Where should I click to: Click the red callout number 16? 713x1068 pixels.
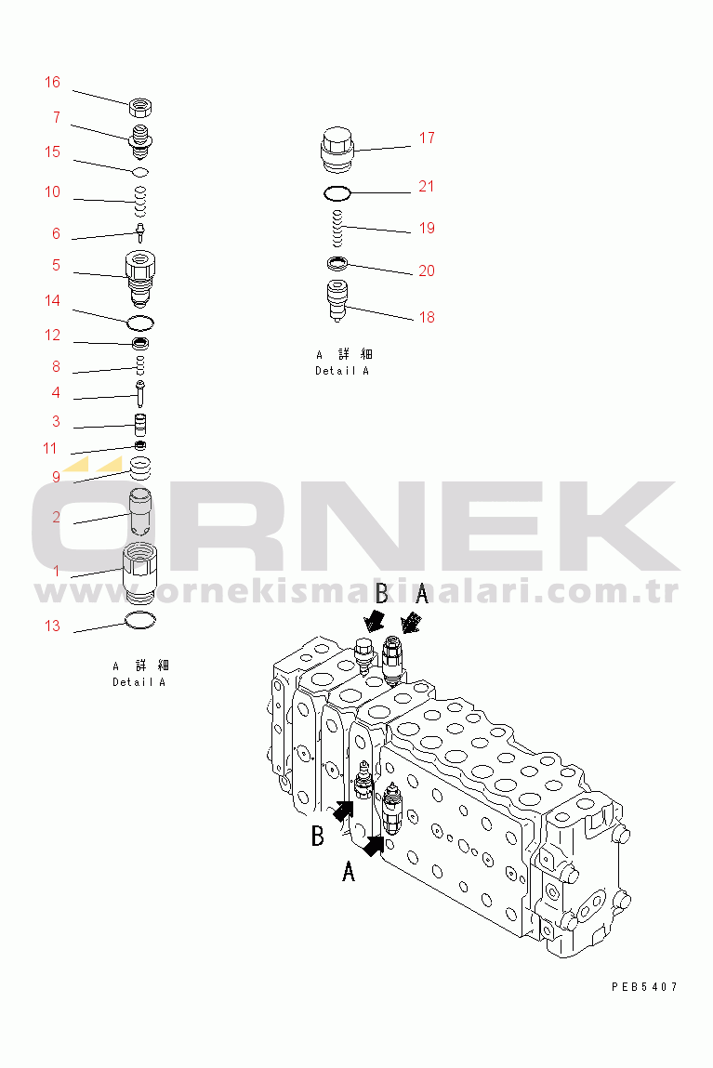click(52, 83)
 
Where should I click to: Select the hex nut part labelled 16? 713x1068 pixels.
click(140, 107)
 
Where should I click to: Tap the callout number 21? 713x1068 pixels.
click(427, 187)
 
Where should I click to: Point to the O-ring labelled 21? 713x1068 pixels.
click(337, 193)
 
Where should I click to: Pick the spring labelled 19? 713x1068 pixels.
click(337, 229)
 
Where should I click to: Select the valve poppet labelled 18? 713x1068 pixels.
click(337, 299)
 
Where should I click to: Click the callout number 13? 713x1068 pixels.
click(52, 626)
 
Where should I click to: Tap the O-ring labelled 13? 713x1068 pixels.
click(141, 621)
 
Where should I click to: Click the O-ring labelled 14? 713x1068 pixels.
click(140, 322)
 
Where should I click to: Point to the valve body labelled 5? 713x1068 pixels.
click(140, 279)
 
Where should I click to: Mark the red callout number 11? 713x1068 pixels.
click(49, 449)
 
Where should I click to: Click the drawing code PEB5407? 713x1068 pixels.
click(644, 986)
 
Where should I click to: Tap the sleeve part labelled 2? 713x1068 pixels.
click(140, 511)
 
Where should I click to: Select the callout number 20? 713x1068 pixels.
click(427, 271)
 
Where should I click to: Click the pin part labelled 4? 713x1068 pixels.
click(140, 394)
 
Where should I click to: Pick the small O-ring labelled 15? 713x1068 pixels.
click(140, 171)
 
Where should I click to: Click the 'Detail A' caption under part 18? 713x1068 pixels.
click(342, 371)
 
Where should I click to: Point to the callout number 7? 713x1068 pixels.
click(57, 118)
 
